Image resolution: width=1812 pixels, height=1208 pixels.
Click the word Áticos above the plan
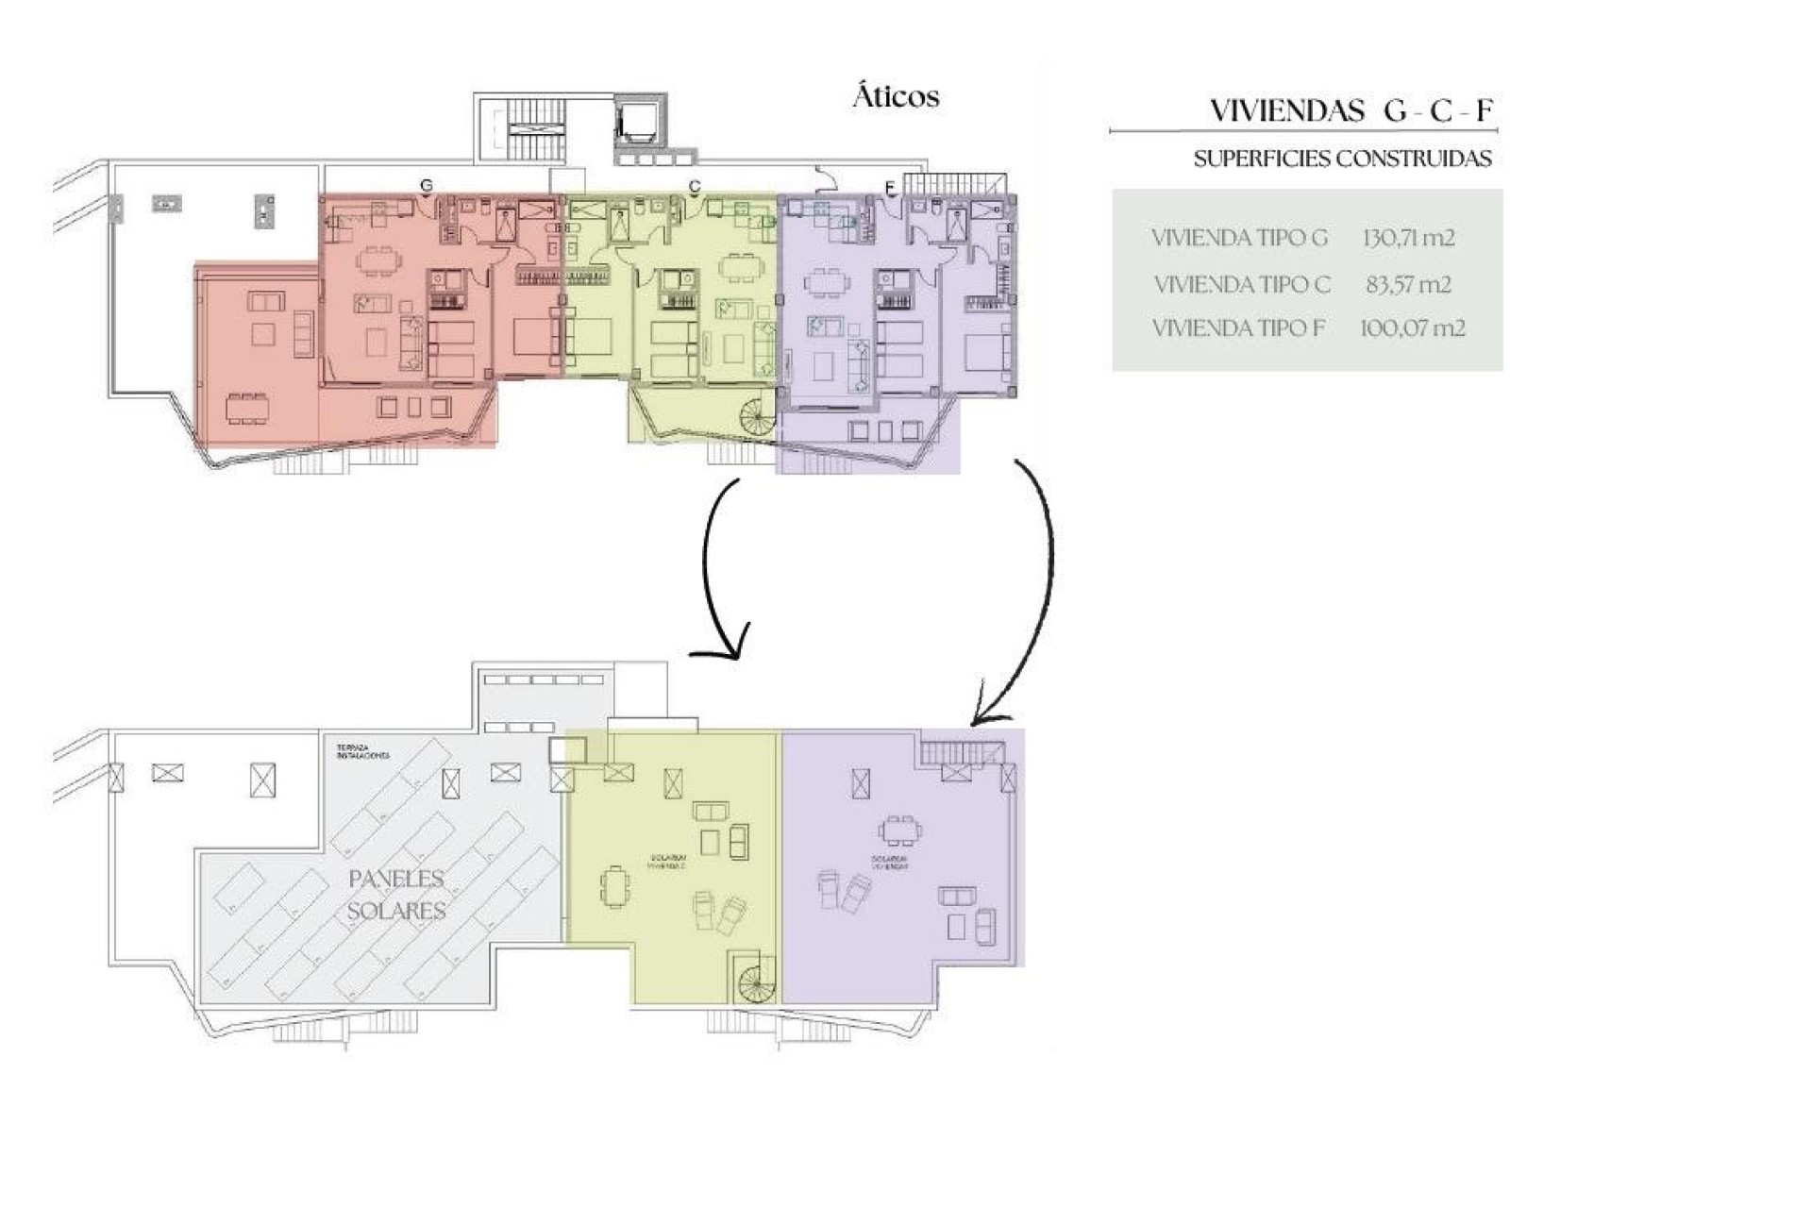pos(896,96)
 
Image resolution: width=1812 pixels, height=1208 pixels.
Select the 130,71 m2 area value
pos(1408,238)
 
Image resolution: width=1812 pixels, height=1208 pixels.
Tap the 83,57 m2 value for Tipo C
pos(1408,284)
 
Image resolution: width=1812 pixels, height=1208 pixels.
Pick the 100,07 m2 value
pos(1412,328)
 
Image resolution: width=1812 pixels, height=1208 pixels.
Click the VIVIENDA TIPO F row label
pos(1238,328)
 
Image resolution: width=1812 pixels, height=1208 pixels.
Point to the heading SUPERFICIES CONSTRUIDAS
pos(1342,159)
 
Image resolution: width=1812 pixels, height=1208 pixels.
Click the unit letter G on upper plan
pos(427,186)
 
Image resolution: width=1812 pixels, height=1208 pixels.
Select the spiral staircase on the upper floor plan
pos(757,416)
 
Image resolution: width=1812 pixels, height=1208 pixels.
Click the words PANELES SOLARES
pos(396,895)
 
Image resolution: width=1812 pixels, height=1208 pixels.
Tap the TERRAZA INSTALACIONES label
pos(362,752)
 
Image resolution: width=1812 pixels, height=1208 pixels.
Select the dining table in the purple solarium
pos(900,830)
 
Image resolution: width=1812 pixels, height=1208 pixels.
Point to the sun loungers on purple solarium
pos(843,890)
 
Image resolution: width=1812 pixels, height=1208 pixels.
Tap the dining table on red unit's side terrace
pos(247,409)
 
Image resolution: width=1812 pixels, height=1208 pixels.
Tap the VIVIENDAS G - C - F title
pos(1351,111)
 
